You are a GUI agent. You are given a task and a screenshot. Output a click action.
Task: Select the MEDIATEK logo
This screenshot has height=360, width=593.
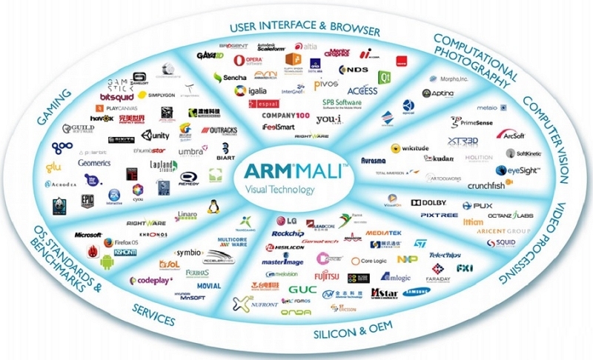coord(382,230)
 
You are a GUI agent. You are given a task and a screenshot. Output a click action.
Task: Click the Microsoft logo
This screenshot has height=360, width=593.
coord(87,235)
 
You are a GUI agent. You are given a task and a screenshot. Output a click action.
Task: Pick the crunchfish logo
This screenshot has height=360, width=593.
coord(508,185)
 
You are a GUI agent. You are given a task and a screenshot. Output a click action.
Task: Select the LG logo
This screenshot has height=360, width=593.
coord(287,220)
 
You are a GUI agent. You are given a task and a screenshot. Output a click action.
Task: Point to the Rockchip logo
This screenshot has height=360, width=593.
coord(288,233)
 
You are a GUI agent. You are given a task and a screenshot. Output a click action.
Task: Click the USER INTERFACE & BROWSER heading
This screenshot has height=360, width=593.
coord(305,29)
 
